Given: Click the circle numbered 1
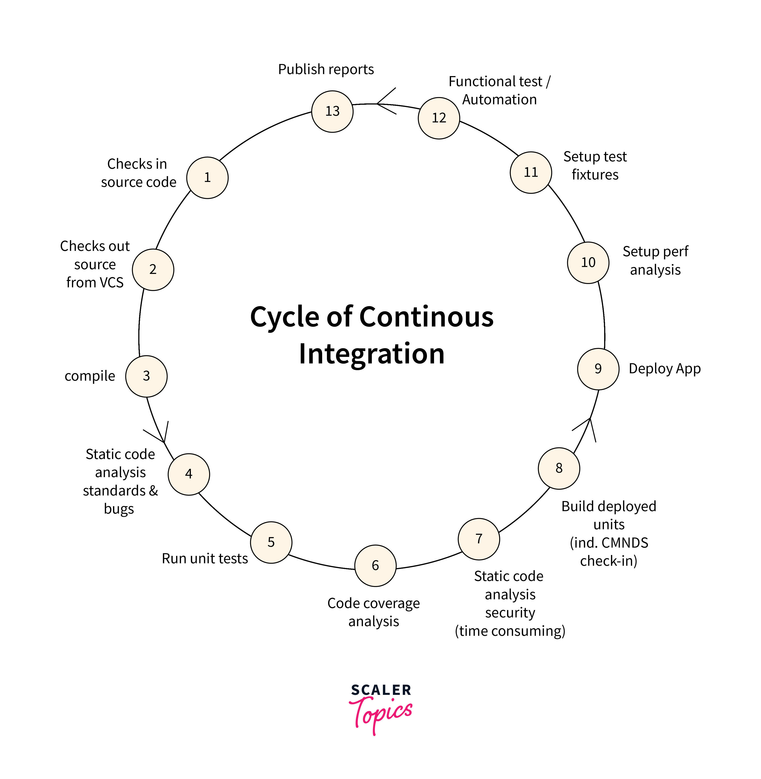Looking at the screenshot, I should coord(207,177).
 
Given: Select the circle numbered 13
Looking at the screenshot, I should coord(332,111).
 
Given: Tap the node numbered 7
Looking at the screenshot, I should coord(479,539).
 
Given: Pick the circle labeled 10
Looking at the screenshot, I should coord(588,263).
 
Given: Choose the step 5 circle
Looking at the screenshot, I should coord(271,542).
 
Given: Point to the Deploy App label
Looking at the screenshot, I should coord(664,369).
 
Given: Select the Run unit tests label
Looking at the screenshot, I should coord(205,558).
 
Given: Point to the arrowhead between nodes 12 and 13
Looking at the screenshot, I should coord(382,103).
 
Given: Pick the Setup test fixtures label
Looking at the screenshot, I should coord(595,165).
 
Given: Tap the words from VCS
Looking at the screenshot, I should coord(95,283).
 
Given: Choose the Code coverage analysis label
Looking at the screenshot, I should coord(373,612).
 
